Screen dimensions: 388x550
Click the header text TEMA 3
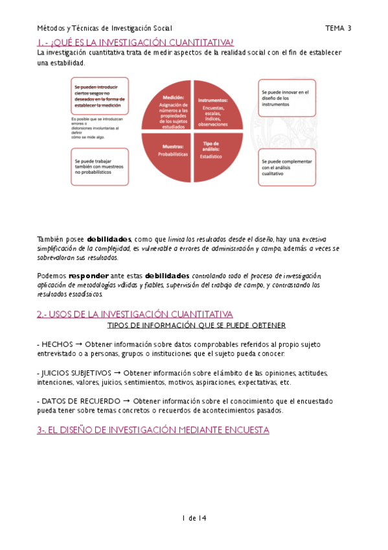(337, 28)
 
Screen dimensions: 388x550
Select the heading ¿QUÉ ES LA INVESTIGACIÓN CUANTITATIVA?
(135, 42)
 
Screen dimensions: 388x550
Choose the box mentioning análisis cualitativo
(287, 167)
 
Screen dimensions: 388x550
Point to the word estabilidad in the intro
(66, 63)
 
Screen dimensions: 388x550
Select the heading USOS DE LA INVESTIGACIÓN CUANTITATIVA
(134, 314)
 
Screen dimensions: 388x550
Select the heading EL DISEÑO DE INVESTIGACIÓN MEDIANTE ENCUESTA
(153, 430)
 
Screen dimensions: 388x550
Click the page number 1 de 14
(194, 518)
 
